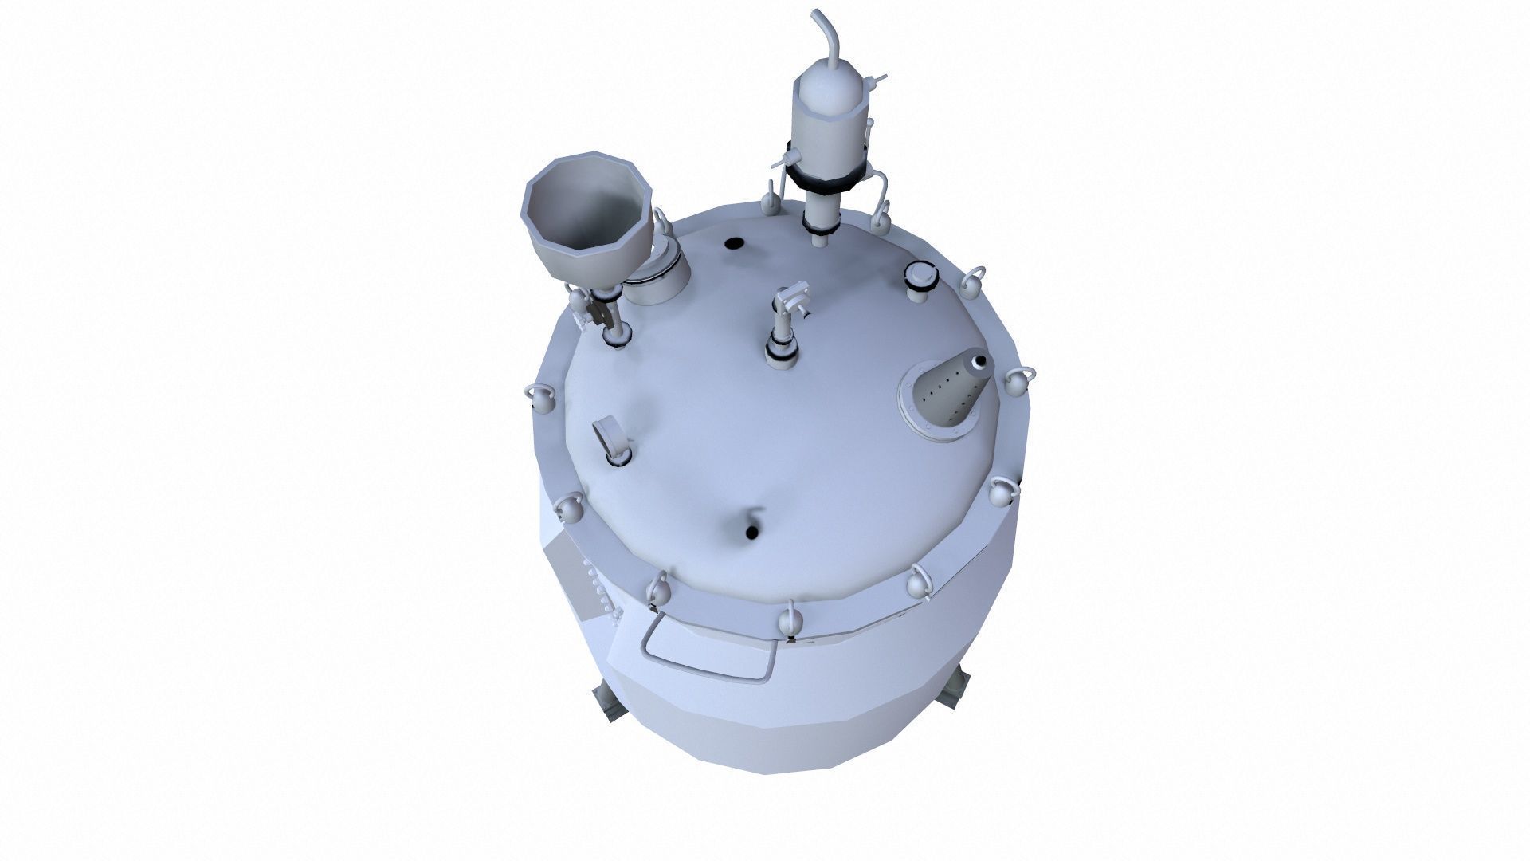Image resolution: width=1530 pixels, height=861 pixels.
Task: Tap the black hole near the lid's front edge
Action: tap(751, 532)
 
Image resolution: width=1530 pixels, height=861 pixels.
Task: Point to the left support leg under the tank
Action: tap(606, 703)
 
